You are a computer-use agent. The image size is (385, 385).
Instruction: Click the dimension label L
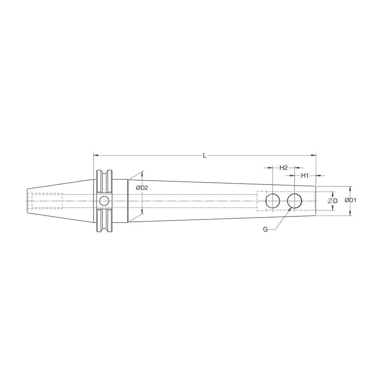coord(204,156)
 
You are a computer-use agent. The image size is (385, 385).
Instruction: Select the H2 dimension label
coord(283,167)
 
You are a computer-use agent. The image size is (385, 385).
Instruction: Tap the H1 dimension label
coord(305,176)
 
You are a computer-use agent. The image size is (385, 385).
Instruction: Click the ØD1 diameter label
coord(361,201)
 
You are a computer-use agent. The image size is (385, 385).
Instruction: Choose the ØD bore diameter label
coord(333,201)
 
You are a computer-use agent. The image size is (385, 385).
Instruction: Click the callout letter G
coord(265,229)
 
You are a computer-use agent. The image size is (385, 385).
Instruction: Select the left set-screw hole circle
coord(273,201)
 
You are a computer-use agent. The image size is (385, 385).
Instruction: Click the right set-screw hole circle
coord(295,201)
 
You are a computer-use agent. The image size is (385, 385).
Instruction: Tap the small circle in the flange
coord(104,201)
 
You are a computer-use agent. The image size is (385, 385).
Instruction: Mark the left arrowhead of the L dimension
coord(95,156)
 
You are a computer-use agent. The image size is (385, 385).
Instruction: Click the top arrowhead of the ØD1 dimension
coord(350,188)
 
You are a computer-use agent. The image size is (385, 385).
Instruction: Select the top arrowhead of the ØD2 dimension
coord(142,173)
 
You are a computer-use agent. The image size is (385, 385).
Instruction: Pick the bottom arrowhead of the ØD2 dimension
coord(142,213)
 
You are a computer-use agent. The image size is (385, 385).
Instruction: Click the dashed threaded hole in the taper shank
coord(45,201)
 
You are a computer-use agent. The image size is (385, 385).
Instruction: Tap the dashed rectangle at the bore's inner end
coord(262,201)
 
